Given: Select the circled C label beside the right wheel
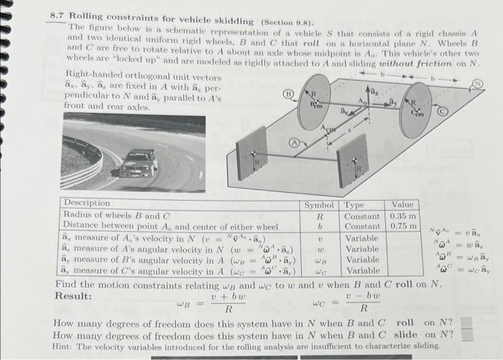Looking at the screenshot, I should (x=443, y=111).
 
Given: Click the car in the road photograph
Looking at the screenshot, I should (x=138, y=165).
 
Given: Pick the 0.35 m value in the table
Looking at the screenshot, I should (x=402, y=216).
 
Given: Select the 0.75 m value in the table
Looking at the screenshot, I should (x=402, y=227).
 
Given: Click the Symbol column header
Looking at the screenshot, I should (x=320, y=204).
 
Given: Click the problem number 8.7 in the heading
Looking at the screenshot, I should (x=57, y=14).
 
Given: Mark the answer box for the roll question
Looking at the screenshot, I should (x=467, y=323).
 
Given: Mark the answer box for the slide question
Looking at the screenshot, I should (x=467, y=334).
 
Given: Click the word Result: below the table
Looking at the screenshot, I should (x=73, y=295).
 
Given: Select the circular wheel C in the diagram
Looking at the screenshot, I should (x=415, y=110).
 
